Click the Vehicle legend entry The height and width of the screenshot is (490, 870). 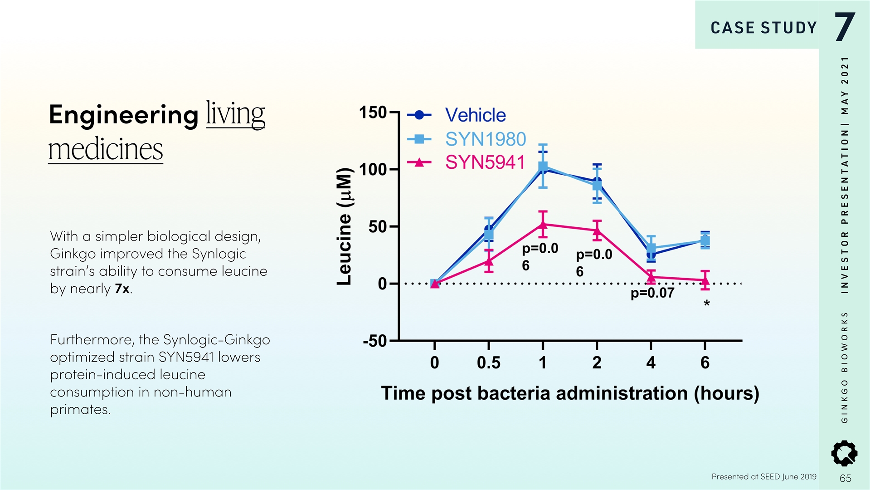(x=475, y=115)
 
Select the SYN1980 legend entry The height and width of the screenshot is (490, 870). (x=485, y=139)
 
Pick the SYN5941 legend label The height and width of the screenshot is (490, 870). (x=485, y=162)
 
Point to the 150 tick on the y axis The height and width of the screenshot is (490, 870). (x=372, y=113)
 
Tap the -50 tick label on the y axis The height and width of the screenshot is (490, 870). (x=374, y=341)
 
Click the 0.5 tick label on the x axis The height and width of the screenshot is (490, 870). (x=488, y=363)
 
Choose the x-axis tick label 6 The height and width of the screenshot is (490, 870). (x=705, y=363)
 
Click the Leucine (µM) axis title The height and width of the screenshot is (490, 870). (x=345, y=226)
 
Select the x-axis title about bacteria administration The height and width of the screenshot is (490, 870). (x=570, y=393)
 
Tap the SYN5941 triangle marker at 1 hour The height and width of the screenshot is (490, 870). (x=543, y=224)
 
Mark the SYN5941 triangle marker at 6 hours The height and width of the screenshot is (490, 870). (x=705, y=280)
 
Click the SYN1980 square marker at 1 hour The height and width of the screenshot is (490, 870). (x=543, y=167)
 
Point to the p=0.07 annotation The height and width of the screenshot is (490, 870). (x=652, y=293)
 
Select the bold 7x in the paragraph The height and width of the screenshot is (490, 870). (x=122, y=289)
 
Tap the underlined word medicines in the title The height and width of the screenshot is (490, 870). (x=105, y=150)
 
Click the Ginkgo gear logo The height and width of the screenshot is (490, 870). (x=844, y=453)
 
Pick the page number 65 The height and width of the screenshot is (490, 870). (x=845, y=478)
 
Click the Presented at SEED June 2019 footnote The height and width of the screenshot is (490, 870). (x=763, y=476)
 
